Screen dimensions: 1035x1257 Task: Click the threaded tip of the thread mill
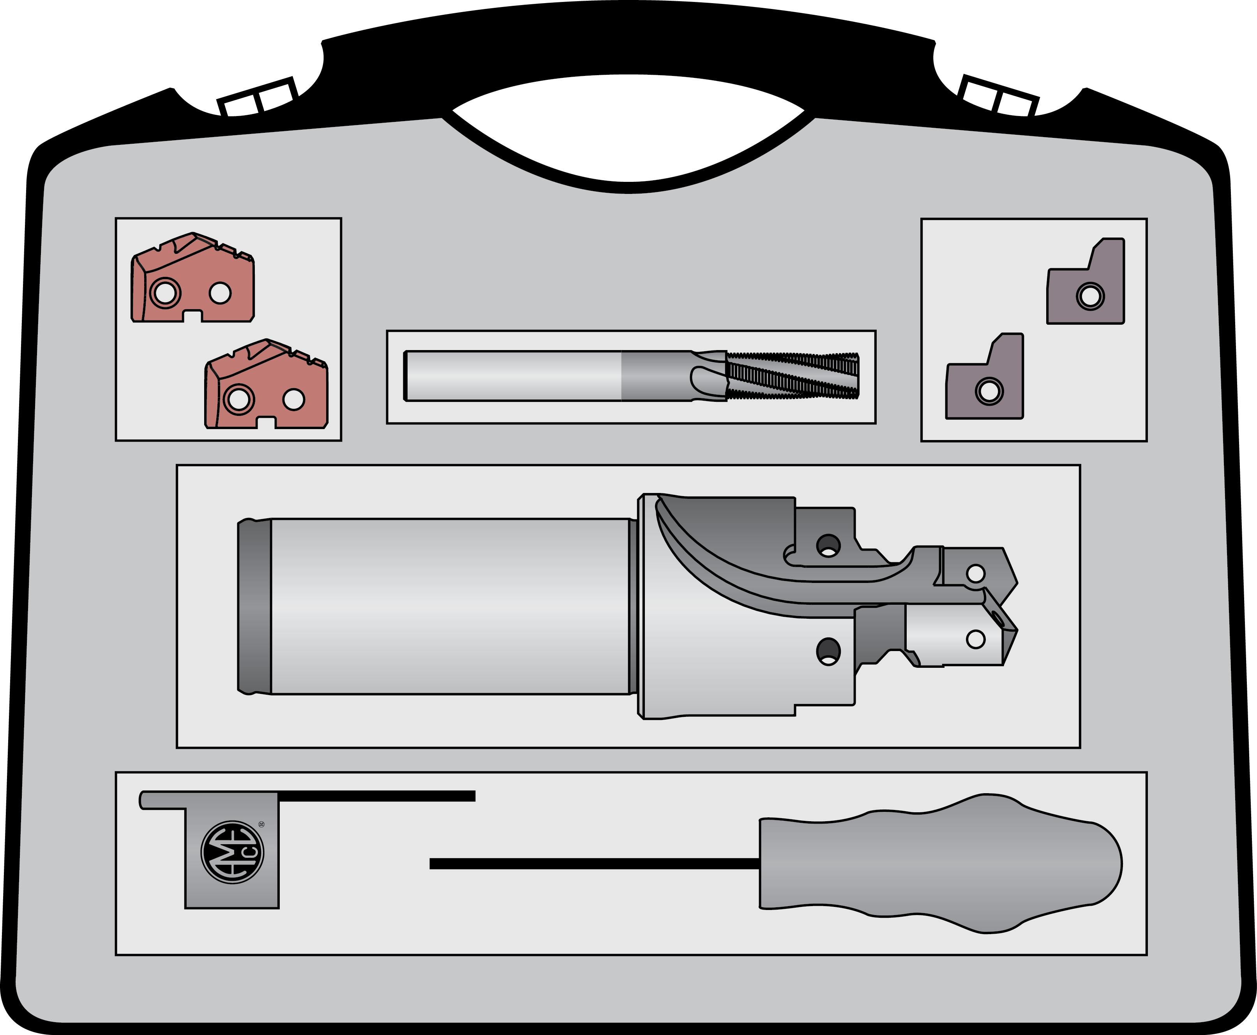tap(793, 376)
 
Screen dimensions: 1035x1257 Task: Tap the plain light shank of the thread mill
tap(513, 376)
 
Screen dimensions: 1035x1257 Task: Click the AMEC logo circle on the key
tap(233, 852)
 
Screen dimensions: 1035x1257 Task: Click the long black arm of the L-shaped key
tap(376, 796)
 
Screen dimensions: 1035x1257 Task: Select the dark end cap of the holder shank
tap(254, 606)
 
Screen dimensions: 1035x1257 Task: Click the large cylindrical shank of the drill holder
tap(450, 606)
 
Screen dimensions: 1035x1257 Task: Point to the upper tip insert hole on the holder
tap(975, 574)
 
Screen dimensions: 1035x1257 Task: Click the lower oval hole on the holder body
tap(828, 651)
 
